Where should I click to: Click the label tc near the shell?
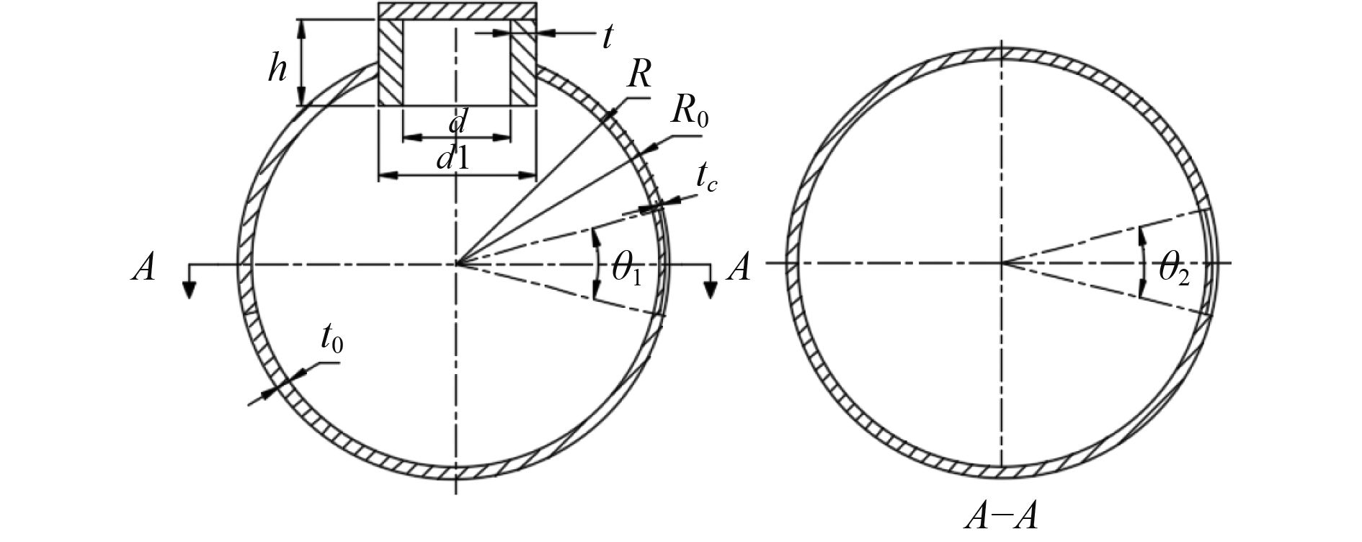[x=706, y=177]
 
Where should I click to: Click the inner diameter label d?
[x=455, y=123]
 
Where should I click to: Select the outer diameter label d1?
[x=453, y=158]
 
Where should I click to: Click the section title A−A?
[x=1001, y=520]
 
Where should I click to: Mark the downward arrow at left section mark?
[x=189, y=287]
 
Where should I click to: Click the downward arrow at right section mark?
[x=711, y=287]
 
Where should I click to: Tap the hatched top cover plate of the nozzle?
[x=458, y=11]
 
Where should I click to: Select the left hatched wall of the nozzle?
[x=391, y=63]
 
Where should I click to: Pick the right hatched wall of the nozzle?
[x=524, y=63]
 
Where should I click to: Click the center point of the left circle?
[x=456, y=264]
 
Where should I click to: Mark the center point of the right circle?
[x=1002, y=263]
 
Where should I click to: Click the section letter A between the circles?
[x=739, y=268]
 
